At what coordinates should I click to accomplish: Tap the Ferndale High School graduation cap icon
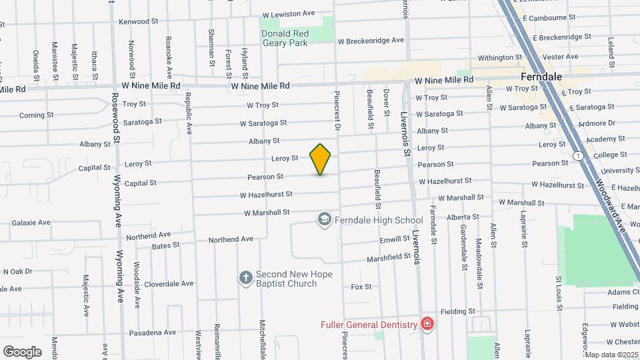click(x=324, y=220)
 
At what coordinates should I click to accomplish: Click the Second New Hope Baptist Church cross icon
click(x=245, y=277)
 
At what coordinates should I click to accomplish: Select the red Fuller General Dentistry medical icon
click(x=427, y=325)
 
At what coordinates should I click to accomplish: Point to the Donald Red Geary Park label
click(x=285, y=37)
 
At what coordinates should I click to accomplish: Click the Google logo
click(x=22, y=351)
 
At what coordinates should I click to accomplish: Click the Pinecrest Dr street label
click(x=337, y=111)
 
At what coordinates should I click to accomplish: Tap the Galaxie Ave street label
click(x=31, y=222)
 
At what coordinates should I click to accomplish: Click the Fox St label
click(x=361, y=287)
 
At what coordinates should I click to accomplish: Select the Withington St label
click(x=500, y=58)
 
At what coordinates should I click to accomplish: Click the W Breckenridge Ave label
click(x=371, y=40)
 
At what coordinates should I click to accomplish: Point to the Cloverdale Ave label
click(x=169, y=283)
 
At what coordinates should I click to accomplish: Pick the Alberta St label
click(x=463, y=217)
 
